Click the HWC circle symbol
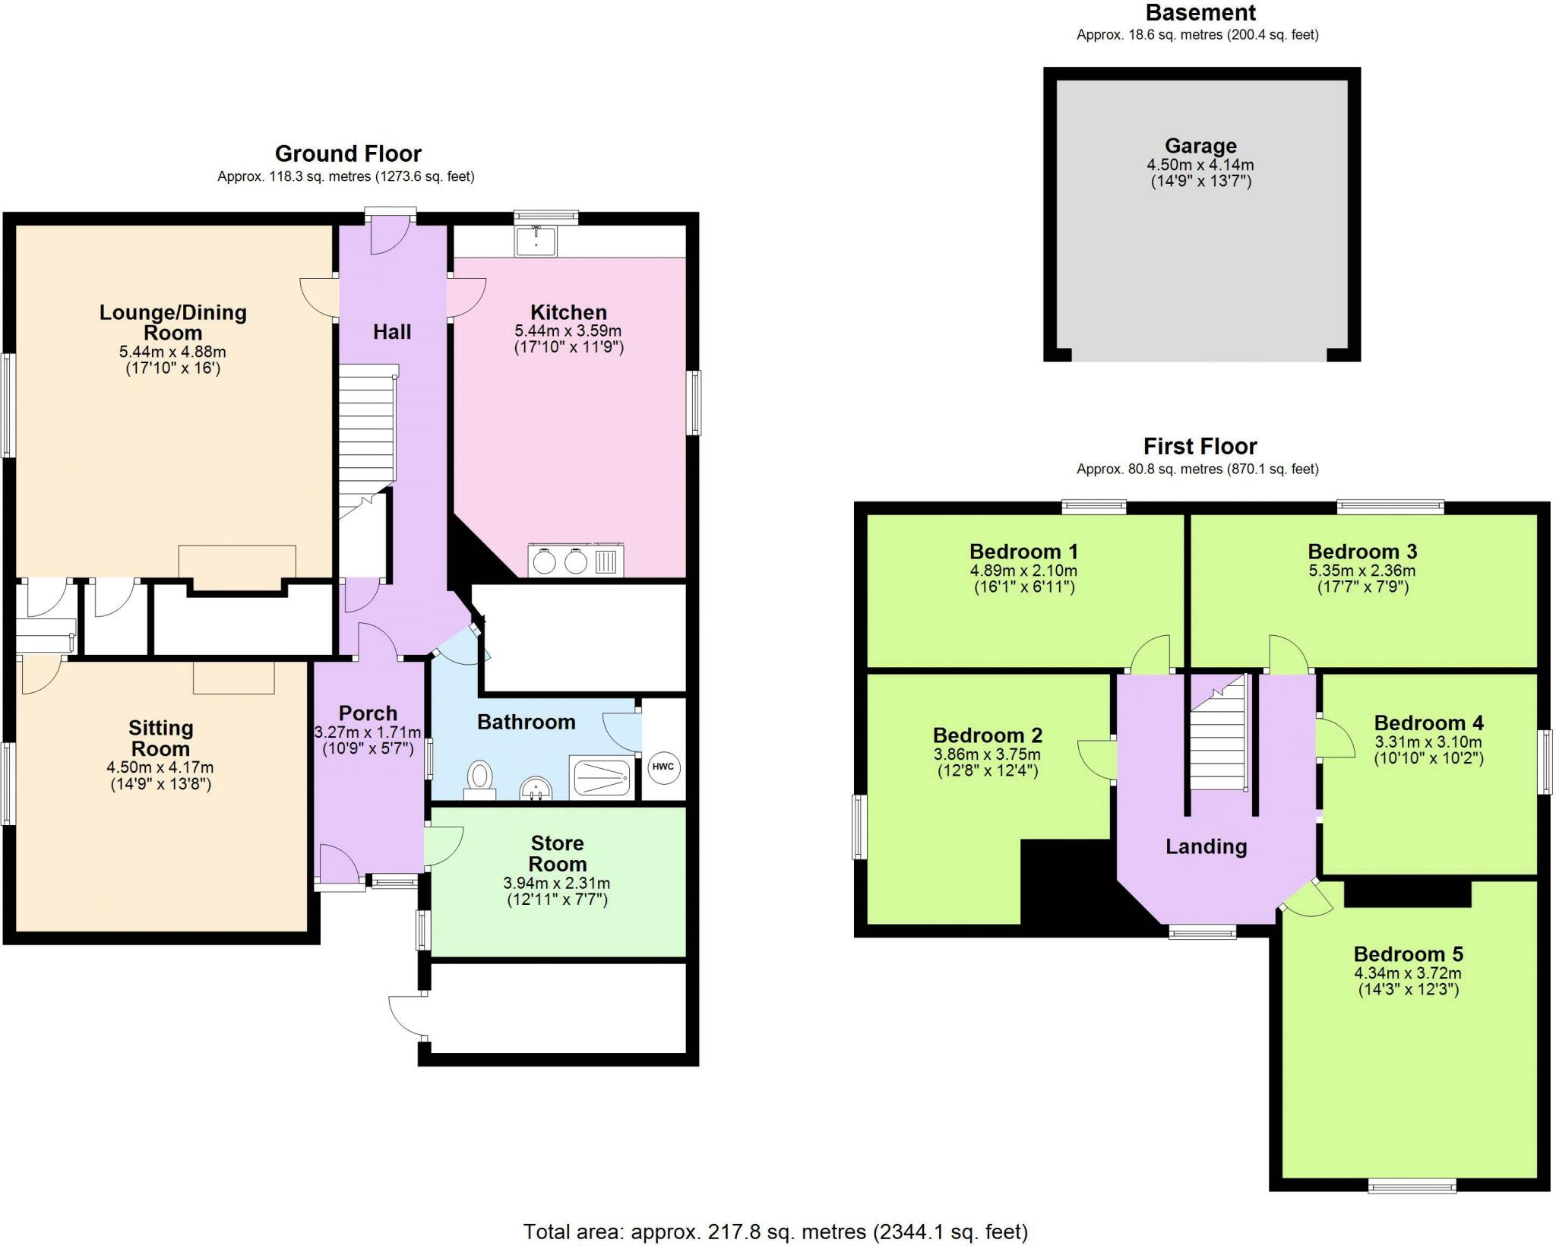(663, 767)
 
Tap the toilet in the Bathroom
(479, 779)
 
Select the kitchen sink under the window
(536, 241)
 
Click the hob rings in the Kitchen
(560, 561)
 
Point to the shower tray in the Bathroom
(602, 777)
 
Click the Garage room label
(1200, 146)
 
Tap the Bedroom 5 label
(1408, 953)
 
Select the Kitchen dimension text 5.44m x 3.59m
(568, 331)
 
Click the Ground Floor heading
(348, 154)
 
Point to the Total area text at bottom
(775, 1232)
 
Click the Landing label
(1207, 846)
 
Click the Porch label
(368, 713)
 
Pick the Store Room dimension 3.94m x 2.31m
(556, 884)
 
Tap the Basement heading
(1200, 13)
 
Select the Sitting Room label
(160, 738)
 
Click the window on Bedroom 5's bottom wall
(1412, 1185)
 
